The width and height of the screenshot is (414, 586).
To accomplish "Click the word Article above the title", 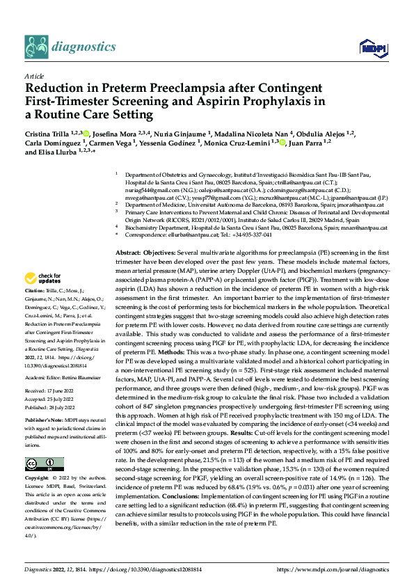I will (33, 76).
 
